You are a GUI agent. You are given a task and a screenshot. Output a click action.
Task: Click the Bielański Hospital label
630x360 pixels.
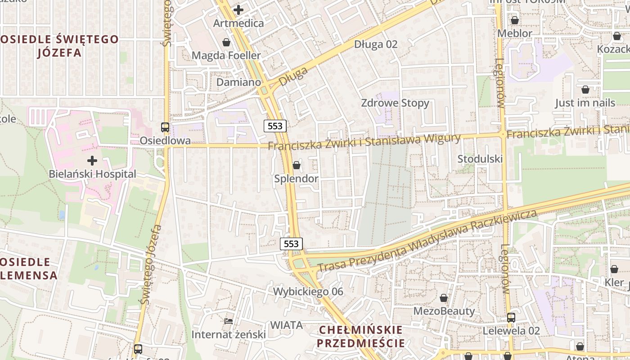(92, 174)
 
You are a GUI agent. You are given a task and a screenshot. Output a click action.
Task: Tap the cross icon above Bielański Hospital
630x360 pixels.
(92, 160)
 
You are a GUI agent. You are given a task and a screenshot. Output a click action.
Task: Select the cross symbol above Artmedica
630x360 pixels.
(238, 9)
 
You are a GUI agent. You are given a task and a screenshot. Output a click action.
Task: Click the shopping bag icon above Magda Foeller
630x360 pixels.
(226, 42)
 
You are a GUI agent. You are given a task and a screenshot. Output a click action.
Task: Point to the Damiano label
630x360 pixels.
(238, 82)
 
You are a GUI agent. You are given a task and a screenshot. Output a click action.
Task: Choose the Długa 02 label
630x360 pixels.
(376, 44)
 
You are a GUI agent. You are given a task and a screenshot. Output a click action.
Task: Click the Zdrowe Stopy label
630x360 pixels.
(395, 103)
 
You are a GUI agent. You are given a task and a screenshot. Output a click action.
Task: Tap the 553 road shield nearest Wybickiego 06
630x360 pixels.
(292, 244)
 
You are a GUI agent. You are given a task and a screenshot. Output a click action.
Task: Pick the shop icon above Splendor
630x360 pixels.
(297, 165)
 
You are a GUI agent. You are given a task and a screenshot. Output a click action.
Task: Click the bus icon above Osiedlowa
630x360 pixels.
(165, 127)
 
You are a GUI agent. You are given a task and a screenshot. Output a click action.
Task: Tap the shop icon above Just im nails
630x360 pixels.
(585, 90)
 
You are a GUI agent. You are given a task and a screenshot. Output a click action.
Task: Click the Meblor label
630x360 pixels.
(514, 33)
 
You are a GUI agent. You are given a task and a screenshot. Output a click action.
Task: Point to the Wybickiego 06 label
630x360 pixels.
(308, 292)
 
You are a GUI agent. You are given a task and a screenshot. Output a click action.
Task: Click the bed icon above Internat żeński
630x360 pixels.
(229, 321)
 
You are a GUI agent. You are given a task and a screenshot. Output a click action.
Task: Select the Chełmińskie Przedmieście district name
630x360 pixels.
(360, 337)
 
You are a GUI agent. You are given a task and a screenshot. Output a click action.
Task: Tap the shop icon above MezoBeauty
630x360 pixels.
(444, 298)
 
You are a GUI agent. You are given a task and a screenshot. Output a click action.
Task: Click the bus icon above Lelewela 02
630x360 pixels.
(511, 317)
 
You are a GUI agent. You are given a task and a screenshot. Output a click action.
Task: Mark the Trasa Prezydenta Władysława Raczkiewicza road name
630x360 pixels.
(427, 241)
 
